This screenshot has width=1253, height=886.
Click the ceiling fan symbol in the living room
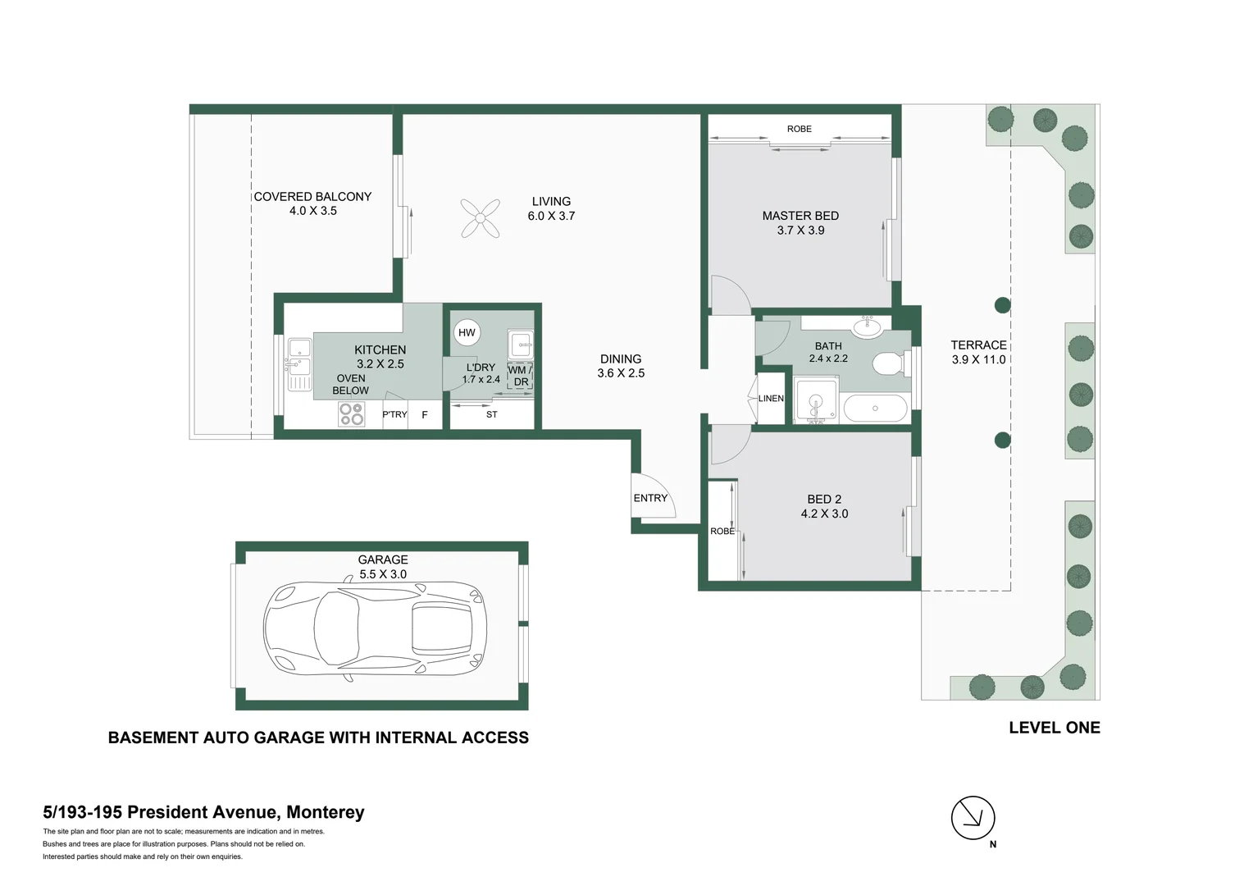click(481, 218)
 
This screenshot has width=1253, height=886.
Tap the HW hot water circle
click(467, 332)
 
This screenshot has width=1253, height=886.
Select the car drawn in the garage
click(376, 628)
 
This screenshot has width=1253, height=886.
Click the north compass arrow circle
click(973, 817)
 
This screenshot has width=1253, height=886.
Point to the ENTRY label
click(650, 498)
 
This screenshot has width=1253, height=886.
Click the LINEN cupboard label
click(771, 399)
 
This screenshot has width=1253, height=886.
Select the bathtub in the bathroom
click(875, 408)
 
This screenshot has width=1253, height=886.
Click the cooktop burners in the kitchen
click(352, 414)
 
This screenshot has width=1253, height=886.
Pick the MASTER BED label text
click(800, 216)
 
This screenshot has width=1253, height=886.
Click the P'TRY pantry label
click(394, 414)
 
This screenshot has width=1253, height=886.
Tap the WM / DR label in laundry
click(520, 376)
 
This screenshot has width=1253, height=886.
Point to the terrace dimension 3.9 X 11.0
click(978, 359)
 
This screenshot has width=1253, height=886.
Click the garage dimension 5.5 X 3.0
click(383, 574)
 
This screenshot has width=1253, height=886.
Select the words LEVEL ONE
click(1054, 728)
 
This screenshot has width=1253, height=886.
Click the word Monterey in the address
click(325, 812)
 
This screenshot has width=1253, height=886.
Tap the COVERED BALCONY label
click(312, 197)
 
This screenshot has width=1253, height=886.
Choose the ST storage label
click(491, 414)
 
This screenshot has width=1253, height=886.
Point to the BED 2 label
click(824, 499)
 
